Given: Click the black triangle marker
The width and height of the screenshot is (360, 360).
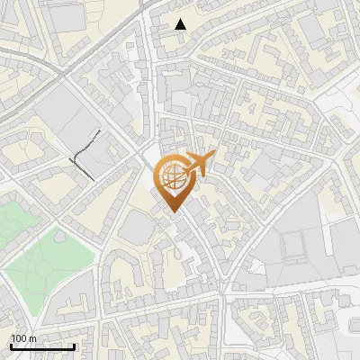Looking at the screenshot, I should click(181, 24).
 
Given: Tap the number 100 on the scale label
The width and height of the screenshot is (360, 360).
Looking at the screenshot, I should click(20, 339).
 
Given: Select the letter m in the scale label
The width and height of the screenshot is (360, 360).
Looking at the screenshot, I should click(33, 339).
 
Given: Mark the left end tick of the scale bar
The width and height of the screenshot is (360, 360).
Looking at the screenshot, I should click(10, 346).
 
